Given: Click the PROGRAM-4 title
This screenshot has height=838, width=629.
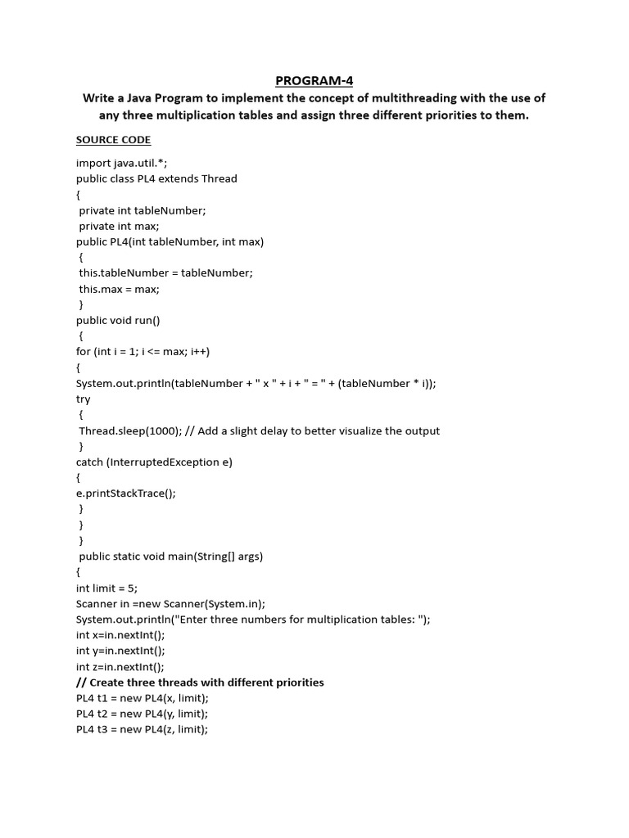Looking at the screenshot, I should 314,80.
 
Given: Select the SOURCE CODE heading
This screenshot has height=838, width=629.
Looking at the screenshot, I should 113,140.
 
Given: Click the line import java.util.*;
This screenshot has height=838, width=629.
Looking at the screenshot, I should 121,163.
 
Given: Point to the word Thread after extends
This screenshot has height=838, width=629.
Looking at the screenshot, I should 219,178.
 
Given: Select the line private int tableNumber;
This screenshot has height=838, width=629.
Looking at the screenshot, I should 143,210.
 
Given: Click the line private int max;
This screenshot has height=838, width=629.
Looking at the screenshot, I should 119,226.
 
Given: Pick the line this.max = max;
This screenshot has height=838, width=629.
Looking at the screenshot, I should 119,289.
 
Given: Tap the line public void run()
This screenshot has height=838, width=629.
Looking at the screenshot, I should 118,321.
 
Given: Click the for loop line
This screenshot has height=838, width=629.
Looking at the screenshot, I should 143,352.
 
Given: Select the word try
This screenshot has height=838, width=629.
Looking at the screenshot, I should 84,399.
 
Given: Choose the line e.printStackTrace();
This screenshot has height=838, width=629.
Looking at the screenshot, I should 126,493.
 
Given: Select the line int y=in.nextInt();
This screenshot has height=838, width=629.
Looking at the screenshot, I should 120,651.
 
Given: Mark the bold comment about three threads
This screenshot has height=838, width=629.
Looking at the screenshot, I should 200,683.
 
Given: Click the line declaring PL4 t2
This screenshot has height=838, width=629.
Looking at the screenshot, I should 143,714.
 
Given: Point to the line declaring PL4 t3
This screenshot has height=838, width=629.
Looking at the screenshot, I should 143,729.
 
